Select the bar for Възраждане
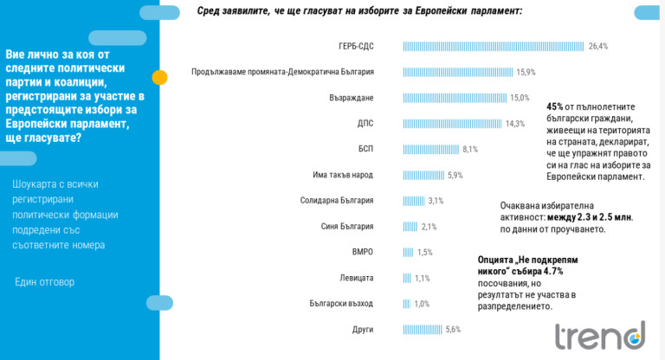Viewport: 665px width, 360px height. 455,98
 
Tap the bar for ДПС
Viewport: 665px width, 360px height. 452,124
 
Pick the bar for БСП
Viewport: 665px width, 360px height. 430,149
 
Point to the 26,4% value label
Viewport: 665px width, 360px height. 598,46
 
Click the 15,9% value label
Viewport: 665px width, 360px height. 526,72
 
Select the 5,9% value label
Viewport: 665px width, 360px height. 455,175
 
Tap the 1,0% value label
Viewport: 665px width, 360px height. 422,304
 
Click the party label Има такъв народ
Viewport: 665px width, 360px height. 342,175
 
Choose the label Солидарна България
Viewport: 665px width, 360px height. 336,201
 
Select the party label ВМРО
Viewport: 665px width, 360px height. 362,252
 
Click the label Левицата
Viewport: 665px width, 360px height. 356,278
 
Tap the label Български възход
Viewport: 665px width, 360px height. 340,304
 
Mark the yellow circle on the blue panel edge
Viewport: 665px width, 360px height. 159,77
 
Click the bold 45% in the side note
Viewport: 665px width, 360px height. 556,107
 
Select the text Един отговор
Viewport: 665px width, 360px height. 45,282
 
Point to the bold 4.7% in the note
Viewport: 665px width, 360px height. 548,271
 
